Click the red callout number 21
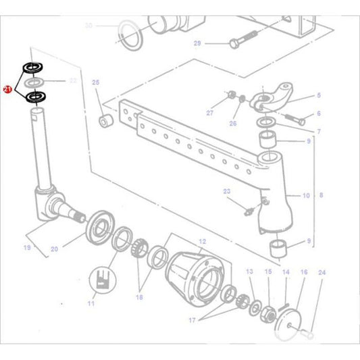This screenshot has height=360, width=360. [x=7, y=88]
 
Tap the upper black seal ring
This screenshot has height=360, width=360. [x=32, y=68]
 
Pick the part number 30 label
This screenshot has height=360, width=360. [x=88, y=26]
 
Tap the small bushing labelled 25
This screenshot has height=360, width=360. [x=105, y=123]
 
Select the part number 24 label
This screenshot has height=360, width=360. [x=322, y=272]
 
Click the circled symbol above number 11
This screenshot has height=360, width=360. [x=101, y=280]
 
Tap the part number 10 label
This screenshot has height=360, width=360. [x=306, y=196]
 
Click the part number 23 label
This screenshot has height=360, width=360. [x=227, y=192]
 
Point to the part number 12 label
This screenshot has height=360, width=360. [x=201, y=241]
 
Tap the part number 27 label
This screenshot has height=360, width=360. [x=209, y=112]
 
